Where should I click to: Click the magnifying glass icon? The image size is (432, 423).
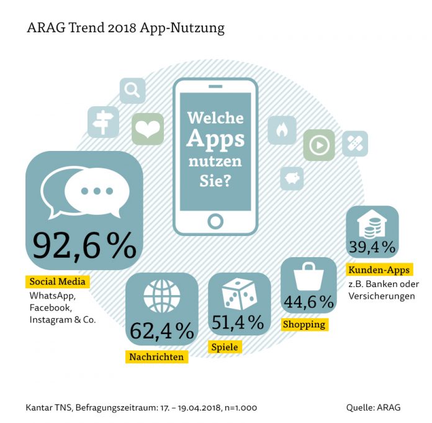[x=133, y=91]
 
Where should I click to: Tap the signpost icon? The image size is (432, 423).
[x=103, y=122]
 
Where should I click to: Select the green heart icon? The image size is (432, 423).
[x=148, y=129]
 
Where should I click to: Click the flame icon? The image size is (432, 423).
[x=282, y=130]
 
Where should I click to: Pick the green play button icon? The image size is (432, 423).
[x=319, y=145]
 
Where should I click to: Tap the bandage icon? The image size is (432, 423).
[x=355, y=143]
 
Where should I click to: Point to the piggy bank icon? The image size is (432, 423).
[x=292, y=178]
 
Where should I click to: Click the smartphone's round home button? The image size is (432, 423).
[x=215, y=221]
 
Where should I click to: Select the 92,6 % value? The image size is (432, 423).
[x=84, y=245]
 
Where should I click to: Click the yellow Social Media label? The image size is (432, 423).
[x=58, y=281]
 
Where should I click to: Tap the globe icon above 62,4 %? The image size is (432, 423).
[x=162, y=296]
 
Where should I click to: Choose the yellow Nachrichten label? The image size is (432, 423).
[x=156, y=357]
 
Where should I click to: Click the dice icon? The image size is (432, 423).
[x=240, y=294]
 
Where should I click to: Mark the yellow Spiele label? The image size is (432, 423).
[x=225, y=347]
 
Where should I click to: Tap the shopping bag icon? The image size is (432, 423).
[x=308, y=276]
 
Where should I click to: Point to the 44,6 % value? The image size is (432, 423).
[x=309, y=302]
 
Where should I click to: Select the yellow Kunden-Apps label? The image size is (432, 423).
[x=379, y=270]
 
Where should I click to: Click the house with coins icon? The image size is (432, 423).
[x=372, y=224]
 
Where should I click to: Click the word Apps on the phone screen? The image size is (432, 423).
[x=215, y=139]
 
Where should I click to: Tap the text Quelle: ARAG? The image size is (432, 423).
[x=373, y=407]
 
